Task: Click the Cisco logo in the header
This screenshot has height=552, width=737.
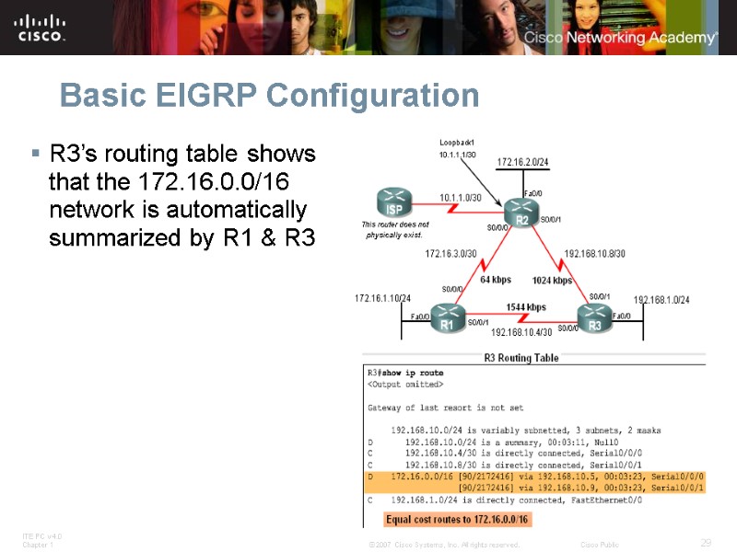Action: pyautogui.click(x=41, y=28)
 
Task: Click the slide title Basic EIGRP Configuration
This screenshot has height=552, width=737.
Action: pyautogui.click(x=269, y=96)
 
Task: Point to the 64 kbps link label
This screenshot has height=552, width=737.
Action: pyautogui.click(x=495, y=280)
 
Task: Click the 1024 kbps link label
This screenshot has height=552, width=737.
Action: pyautogui.click(x=552, y=280)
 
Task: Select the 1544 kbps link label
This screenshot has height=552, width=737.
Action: pyautogui.click(x=525, y=307)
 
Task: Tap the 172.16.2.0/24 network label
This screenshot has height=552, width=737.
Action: pyautogui.click(x=523, y=163)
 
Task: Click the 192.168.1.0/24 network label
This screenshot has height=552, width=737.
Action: pyautogui.click(x=661, y=300)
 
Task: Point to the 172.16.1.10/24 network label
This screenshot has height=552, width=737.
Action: pyautogui.click(x=382, y=299)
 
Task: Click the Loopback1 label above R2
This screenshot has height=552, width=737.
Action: pyautogui.click(x=457, y=143)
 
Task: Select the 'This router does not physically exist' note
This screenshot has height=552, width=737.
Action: pyautogui.click(x=395, y=229)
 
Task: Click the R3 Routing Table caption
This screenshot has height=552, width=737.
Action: pyautogui.click(x=521, y=358)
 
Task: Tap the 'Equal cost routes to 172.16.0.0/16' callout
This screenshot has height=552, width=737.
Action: pyautogui.click(x=457, y=520)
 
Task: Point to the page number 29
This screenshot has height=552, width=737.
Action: pyautogui.click(x=706, y=543)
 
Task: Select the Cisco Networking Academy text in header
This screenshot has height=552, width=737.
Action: pyautogui.click(x=620, y=38)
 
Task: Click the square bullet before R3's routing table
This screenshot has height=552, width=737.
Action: pyautogui.click(x=35, y=152)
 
